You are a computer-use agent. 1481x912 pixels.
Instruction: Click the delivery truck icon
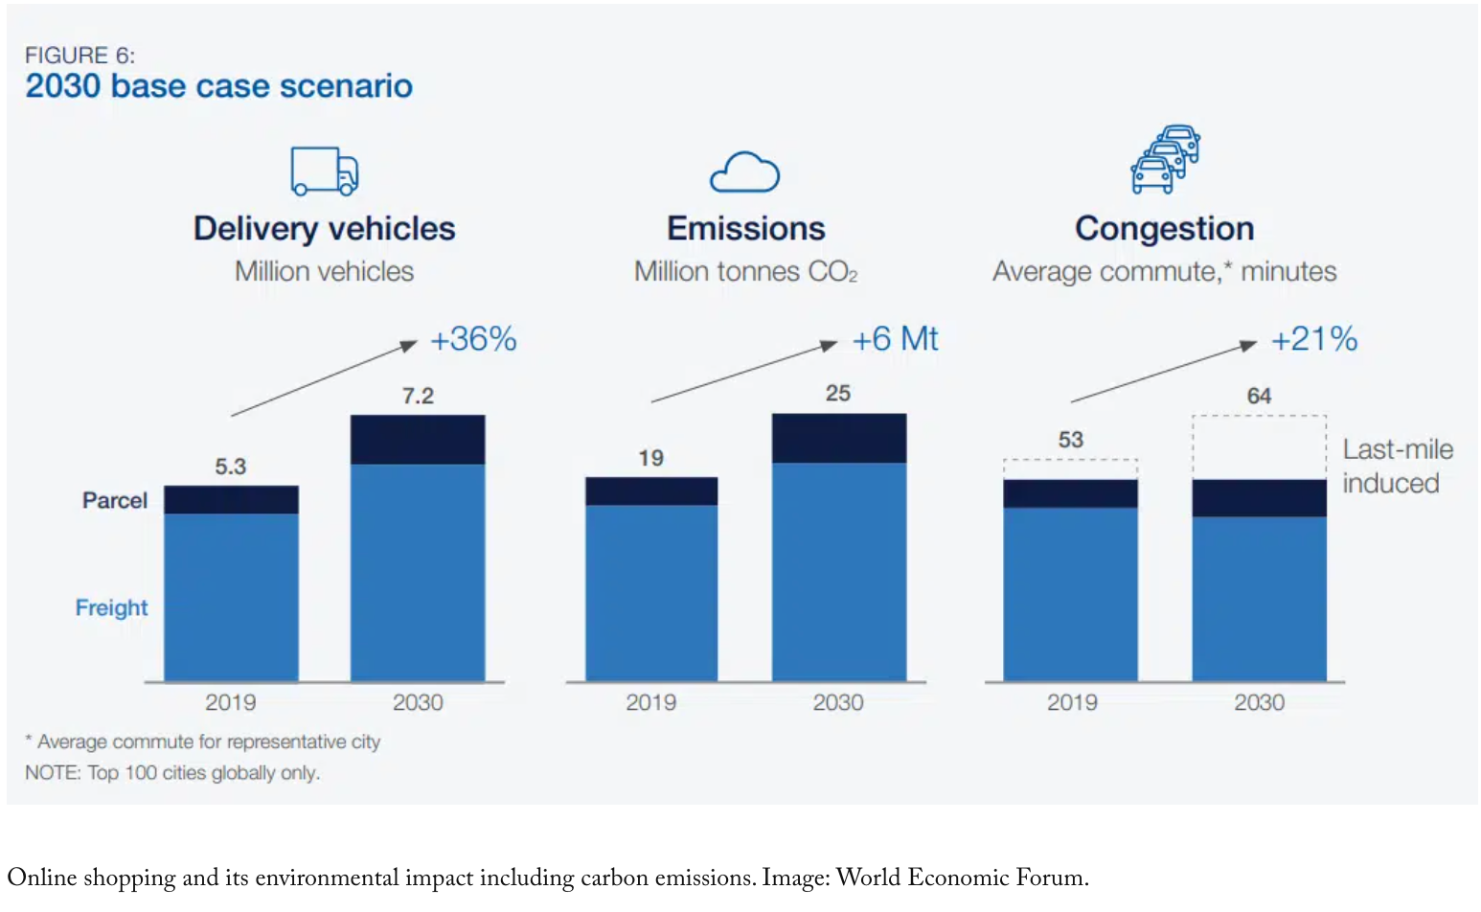324,171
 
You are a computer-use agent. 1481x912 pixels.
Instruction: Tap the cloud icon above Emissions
744,172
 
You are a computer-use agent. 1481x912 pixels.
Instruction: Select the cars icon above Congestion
1165,159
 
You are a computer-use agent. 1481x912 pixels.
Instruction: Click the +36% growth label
473,339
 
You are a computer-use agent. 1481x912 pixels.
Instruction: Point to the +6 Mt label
895,339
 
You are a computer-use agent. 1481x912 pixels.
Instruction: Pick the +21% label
1313,339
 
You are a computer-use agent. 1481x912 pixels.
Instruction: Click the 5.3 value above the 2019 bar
230,467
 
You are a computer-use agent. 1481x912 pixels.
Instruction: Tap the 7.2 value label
418,396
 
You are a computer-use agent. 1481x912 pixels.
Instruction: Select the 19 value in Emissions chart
650,458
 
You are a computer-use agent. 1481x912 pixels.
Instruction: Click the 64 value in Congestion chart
1259,396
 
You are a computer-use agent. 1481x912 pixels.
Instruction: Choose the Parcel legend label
115,500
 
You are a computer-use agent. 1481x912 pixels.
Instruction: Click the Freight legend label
111,607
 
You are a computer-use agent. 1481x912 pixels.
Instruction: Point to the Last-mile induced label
1397,467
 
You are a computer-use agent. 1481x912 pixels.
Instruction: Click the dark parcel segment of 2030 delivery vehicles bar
418,440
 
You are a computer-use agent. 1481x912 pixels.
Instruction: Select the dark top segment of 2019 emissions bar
651,490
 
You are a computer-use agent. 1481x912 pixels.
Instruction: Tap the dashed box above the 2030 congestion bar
1259,447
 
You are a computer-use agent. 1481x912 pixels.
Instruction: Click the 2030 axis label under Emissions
838,702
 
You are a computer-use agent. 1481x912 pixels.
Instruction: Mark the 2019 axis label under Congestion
1072,702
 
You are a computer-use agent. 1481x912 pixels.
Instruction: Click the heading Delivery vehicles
324,229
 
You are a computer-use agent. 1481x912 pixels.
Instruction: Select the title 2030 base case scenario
218,86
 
